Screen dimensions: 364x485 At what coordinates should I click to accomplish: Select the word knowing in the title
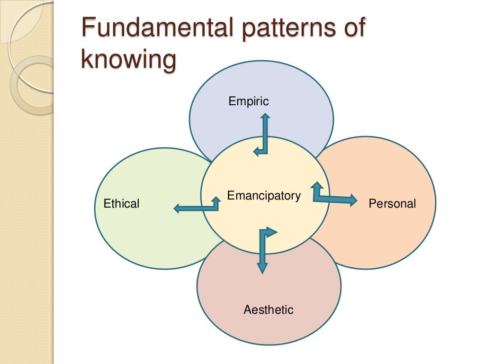(x=128, y=61)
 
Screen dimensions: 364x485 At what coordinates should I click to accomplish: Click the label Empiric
(x=249, y=101)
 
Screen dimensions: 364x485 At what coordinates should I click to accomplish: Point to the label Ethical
(x=121, y=204)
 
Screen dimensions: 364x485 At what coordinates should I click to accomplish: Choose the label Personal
(x=392, y=204)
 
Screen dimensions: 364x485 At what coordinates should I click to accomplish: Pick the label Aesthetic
(x=269, y=310)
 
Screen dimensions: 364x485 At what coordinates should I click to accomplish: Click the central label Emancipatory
(x=264, y=196)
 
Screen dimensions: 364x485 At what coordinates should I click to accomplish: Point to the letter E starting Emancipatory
(x=231, y=196)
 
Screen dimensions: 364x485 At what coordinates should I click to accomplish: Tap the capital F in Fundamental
(x=87, y=28)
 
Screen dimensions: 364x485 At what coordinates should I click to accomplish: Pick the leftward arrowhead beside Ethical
(x=178, y=208)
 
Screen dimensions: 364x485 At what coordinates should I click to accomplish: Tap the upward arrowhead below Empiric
(x=266, y=117)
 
